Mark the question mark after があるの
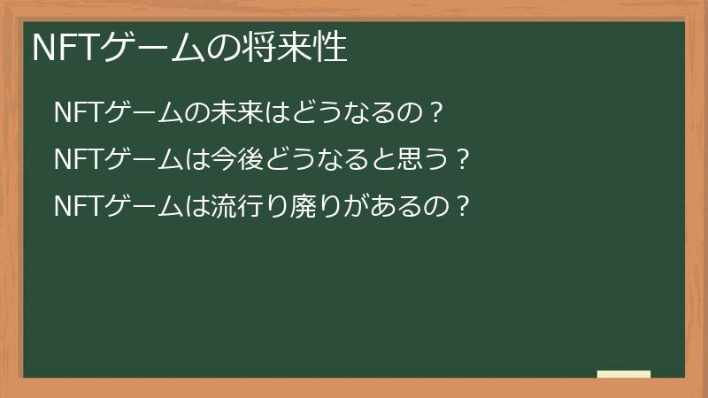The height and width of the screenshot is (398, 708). click(x=458, y=207)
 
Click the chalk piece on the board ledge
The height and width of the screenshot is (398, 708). click(x=623, y=374)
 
